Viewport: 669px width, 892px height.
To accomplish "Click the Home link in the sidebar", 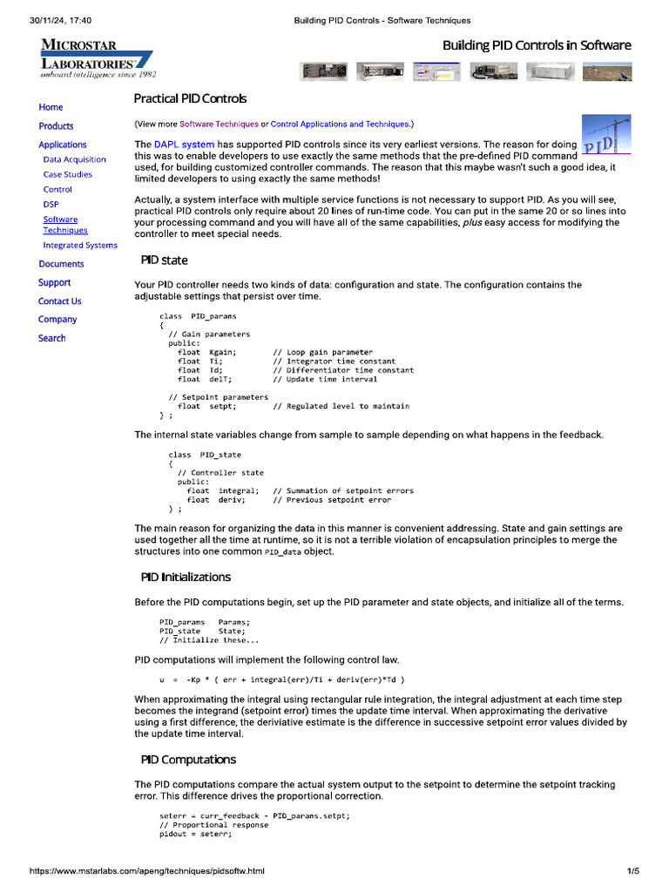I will coord(51,107).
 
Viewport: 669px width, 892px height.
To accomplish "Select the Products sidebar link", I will coord(56,126).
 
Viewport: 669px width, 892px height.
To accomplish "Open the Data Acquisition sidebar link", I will coord(74,159).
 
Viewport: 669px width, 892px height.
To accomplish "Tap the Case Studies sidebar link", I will coord(67,174).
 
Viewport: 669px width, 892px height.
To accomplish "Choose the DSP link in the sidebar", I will coord(51,204).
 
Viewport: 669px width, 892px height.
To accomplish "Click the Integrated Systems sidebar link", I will coord(80,246).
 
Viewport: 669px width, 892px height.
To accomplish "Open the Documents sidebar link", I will coord(61,264).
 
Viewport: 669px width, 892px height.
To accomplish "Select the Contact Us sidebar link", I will coord(59,301).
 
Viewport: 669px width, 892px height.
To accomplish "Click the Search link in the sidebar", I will coord(51,338).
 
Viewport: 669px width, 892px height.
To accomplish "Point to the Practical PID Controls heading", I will coord(190,99).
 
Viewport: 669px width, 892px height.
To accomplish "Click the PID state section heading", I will coord(164,260).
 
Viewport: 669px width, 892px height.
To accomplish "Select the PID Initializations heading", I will coord(186,577).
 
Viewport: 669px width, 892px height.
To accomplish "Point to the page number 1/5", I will coord(633,871).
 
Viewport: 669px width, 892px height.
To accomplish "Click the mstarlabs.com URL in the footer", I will coord(147,871).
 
